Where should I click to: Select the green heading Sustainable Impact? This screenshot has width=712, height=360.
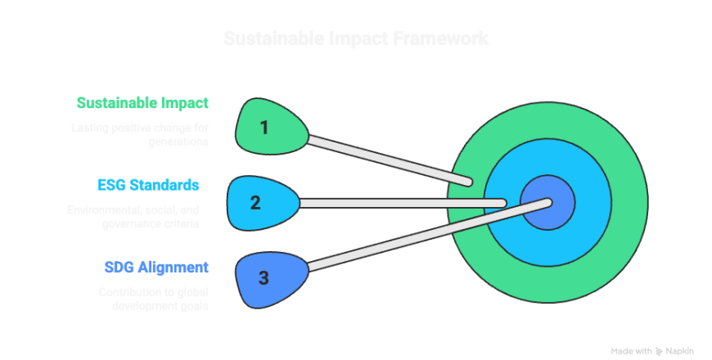tap(142, 103)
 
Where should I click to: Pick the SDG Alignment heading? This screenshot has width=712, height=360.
tap(155, 267)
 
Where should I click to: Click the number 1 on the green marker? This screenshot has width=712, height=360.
tap(264, 127)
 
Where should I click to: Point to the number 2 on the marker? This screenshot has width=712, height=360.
tap(255, 202)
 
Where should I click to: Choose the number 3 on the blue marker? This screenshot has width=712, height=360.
tap(264, 278)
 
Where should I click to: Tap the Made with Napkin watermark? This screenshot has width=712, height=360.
tap(654, 349)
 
